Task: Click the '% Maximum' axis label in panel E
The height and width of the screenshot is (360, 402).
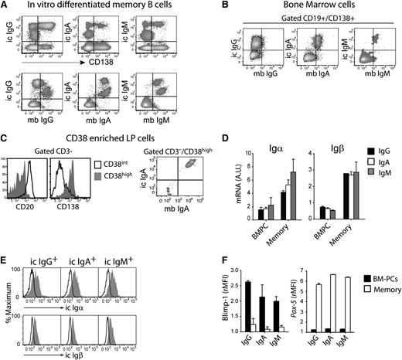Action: [x=7, y=297]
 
